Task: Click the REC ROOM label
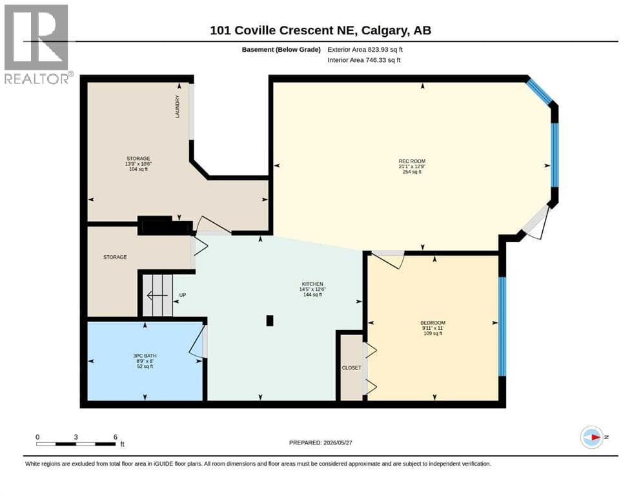click(x=412, y=161)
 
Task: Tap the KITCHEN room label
click(x=312, y=284)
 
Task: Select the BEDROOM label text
click(x=433, y=323)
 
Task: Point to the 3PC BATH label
click(x=145, y=356)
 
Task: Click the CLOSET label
click(x=352, y=367)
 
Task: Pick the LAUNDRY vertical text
click(x=178, y=107)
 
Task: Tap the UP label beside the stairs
click(x=183, y=294)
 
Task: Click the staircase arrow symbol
click(x=158, y=295)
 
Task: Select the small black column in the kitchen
click(x=270, y=320)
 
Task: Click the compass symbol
click(x=592, y=437)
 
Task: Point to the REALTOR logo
click(x=37, y=44)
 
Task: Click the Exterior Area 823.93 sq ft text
click(x=365, y=50)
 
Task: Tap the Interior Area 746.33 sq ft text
click(x=364, y=60)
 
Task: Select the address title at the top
click(x=320, y=30)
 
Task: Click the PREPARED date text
click(x=320, y=442)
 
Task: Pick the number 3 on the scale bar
click(x=76, y=437)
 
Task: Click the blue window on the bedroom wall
click(x=502, y=326)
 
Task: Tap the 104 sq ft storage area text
click(x=138, y=169)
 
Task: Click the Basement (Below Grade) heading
click(x=281, y=50)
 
